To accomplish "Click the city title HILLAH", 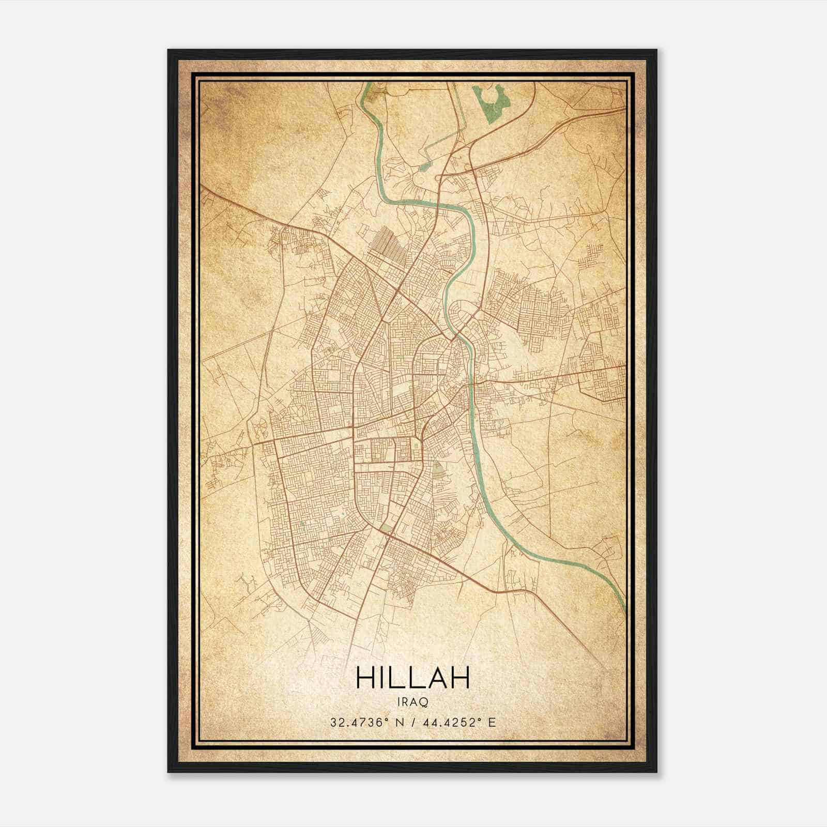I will pos(413,677).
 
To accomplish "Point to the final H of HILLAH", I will pos(460,677).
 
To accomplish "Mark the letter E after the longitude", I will pos(492,722).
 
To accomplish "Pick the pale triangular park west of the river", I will pos(438,468).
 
